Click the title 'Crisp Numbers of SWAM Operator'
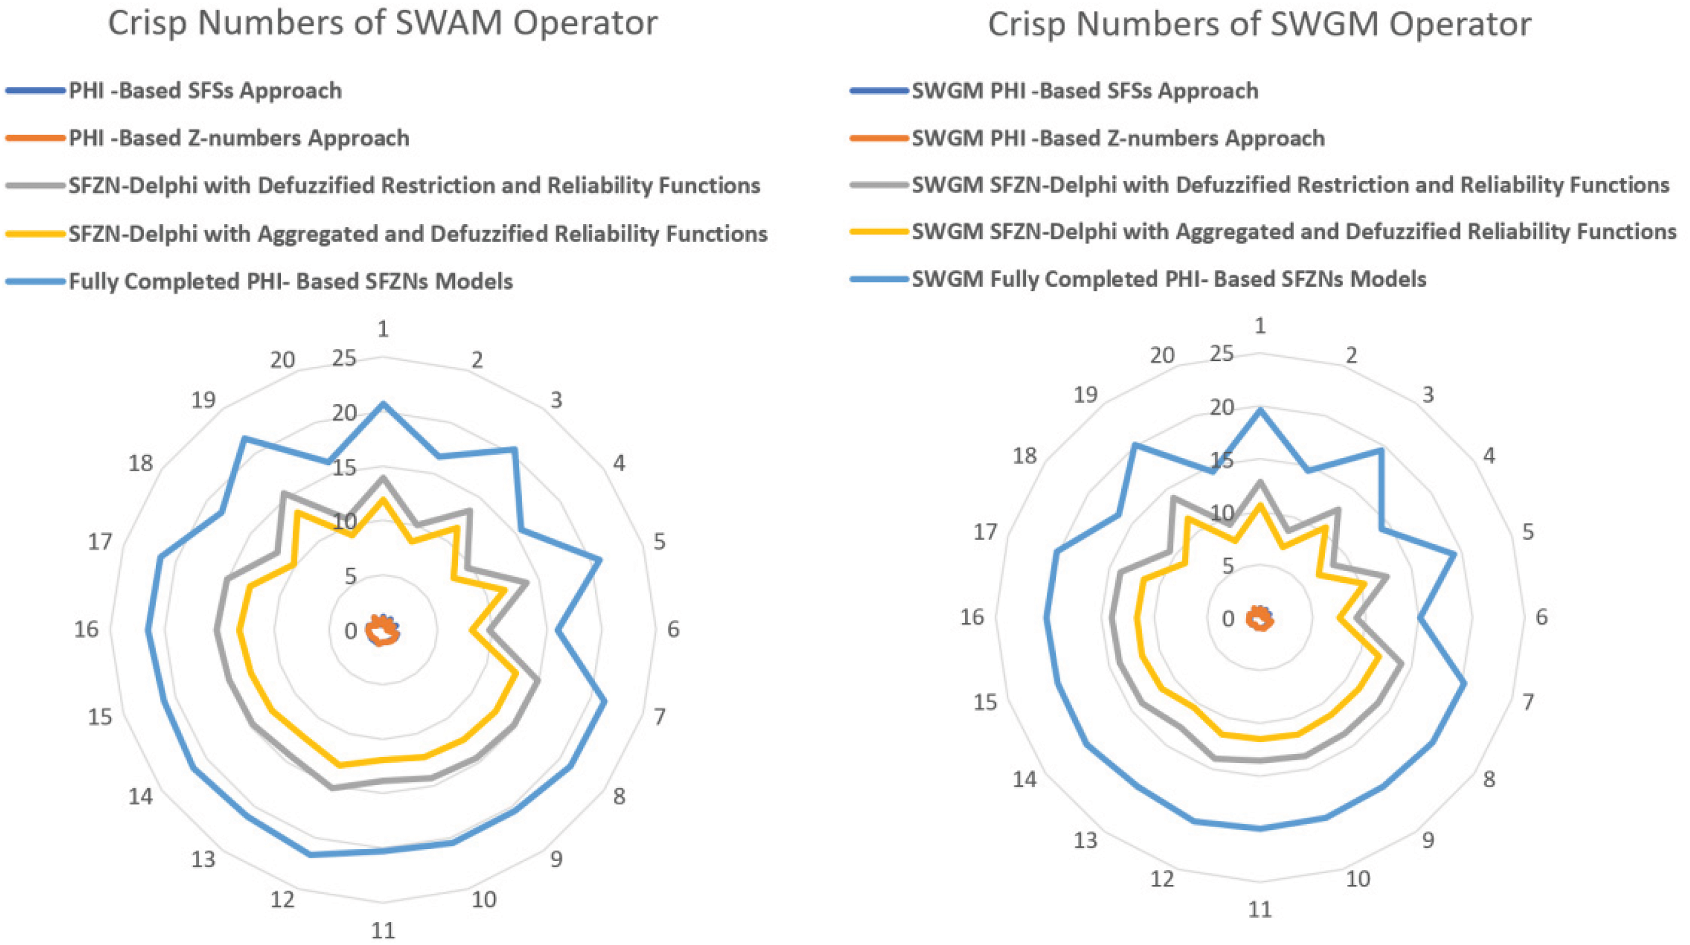click(x=382, y=24)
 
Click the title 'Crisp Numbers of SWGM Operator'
click(x=1259, y=25)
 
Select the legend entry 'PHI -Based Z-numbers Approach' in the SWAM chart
click(x=239, y=138)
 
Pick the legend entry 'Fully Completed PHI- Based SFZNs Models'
click(x=291, y=281)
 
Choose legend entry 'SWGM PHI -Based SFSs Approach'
click(x=1085, y=90)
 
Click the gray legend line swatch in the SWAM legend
click(x=36, y=186)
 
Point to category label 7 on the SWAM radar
click(x=659, y=717)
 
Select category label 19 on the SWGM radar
click(x=1085, y=395)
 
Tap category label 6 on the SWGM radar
click(x=1541, y=617)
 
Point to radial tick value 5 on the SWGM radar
click(x=1227, y=565)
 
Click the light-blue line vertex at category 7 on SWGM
click(x=1464, y=683)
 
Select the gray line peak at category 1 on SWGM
click(x=1259, y=482)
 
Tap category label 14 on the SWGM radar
click(x=1024, y=779)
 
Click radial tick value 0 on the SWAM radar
click(x=351, y=631)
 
